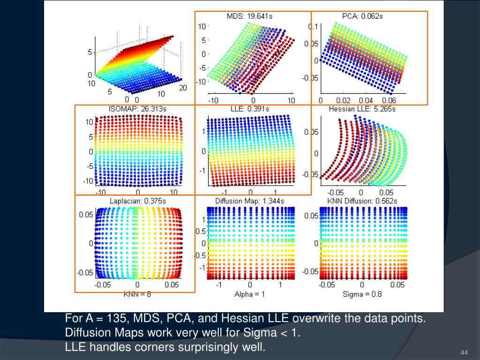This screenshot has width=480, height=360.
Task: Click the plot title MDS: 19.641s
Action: pos(250,16)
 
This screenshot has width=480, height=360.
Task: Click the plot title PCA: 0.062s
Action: pos(362,16)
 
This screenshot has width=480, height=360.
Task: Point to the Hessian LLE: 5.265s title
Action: pos(363,109)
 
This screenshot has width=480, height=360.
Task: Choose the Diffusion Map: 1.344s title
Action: pos(250,202)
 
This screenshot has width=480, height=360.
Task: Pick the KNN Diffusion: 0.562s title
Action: pos(362,202)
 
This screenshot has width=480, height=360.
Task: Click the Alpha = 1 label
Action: pos(250,294)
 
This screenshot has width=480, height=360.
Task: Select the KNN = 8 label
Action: pos(137,294)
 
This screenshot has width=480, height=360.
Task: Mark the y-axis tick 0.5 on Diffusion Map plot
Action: pos(200,231)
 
